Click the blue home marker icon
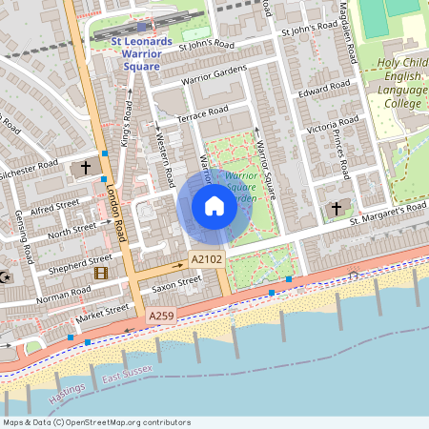click(x=214, y=206)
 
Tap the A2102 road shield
click(x=206, y=259)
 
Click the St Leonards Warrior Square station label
click(x=141, y=54)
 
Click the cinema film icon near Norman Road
click(x=101, y=272)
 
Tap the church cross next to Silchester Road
click(x=86, y=168)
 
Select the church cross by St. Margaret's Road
click(x=336, y=208)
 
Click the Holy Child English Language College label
click(x=387, y=84)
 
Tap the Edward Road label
click(x=319, y=94)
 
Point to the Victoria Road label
click(x=332, y=125)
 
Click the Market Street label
click(x=102, y=312)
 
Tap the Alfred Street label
click(x=53, y=206)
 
